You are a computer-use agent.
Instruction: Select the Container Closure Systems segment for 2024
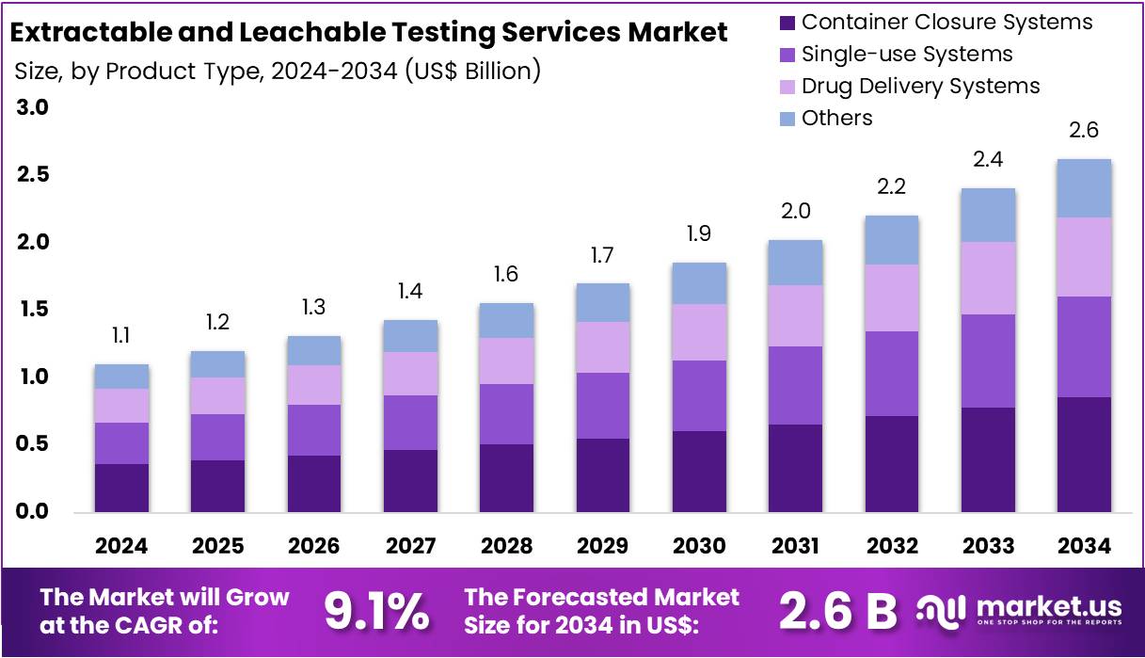pyautogui.click(x=121, y=488)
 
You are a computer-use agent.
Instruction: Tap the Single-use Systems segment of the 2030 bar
pyautogui.click(x=698, y=395)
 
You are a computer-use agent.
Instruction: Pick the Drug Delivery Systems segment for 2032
pyautogui.click(x=891, y=297)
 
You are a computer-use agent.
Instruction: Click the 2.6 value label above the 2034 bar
pyautogui.click(x=1084, y=131)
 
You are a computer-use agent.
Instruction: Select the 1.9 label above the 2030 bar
pyautogui.click(x=698, y=234)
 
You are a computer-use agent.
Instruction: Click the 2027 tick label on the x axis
pyautogui.click(x=410, y=546)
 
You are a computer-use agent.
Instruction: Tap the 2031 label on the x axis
pyautogui.click(x=795, y=546)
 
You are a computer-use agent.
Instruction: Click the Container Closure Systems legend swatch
pyautogui.click(x=787, y=22)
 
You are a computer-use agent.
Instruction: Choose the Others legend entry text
pyautogui.click(x=836, y=118)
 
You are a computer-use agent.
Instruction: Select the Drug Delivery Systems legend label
pyautogui.click(x=920, y=86)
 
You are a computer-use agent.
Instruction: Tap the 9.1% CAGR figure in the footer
pyautogui.click(x=376, y=611)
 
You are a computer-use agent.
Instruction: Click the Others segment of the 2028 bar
pyautogui.click(x=506, y=320)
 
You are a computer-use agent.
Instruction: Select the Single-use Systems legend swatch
pyautogui.click(x=787, y=54)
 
